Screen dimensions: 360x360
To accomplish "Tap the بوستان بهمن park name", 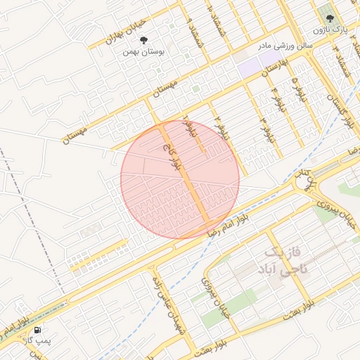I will point(143,51).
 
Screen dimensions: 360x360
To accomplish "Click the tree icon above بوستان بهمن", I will point(144,41).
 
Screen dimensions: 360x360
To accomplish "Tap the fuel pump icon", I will point(37,329).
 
